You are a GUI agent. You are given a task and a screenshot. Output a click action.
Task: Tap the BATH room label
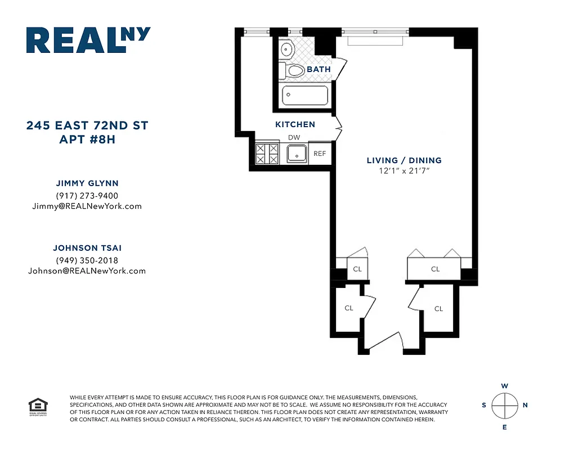[319, 69]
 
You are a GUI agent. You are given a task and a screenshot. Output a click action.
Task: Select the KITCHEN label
[295, 124]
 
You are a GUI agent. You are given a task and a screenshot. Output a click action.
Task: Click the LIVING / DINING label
[403, 160]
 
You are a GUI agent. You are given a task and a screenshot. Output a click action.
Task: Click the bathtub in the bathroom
[304, 95]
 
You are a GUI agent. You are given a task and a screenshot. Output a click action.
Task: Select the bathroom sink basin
[287, 50]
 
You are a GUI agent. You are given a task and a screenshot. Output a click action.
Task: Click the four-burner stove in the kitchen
[267, 154]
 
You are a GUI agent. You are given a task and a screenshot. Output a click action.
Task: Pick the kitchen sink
[296, 154]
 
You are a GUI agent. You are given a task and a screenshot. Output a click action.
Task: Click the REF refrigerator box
[320, 153]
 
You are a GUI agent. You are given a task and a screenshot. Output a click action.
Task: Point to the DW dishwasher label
[294, 137]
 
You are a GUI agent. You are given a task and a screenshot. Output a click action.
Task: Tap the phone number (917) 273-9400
[87, 195]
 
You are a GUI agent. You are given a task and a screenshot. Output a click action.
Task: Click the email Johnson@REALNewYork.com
[87, 271]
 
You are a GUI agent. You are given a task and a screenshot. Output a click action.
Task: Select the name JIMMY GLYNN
[87, 183]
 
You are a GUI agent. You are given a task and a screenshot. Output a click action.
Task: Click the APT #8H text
[87, 139]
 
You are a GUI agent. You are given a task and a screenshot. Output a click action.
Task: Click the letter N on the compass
[525, 405]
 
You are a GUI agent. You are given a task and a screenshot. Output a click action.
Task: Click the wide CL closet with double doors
[434, 268]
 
